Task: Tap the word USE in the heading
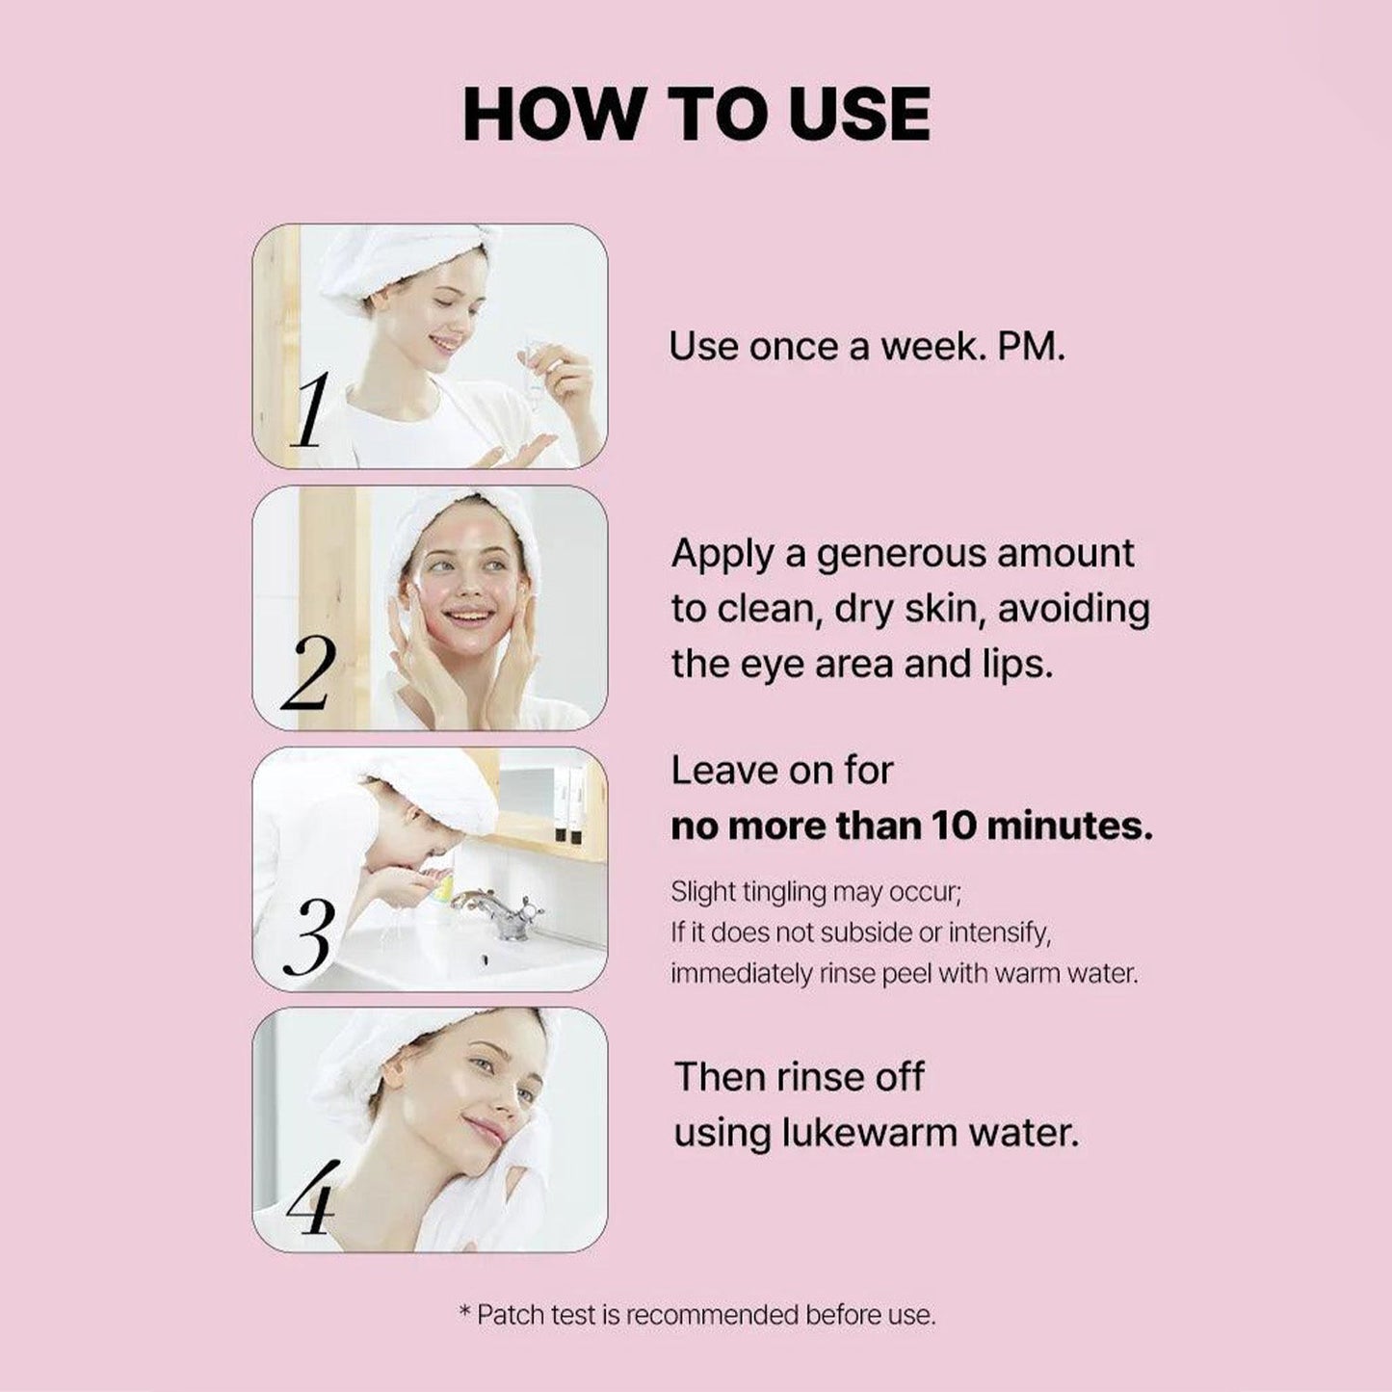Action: coord(859,115)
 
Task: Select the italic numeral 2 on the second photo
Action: coord(309,674)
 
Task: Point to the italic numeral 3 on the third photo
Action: coord(309,936)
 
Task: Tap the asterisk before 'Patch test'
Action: coord(465,1312)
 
